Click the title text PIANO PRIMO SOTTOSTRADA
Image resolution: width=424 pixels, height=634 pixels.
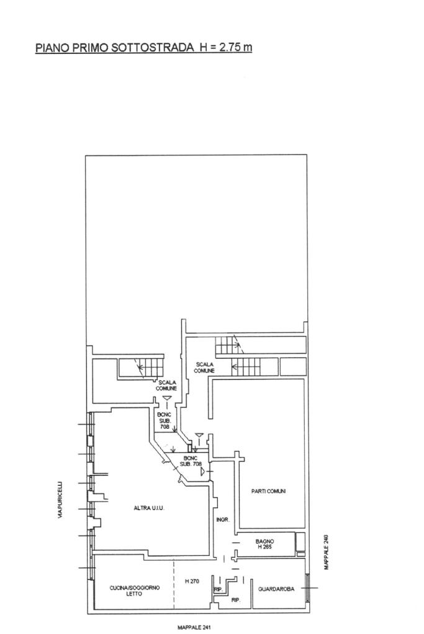tap(115, 48)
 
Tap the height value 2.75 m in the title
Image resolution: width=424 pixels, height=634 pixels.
tap(236, 47)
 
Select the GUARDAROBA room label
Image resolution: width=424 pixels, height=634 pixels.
tap(276, 589)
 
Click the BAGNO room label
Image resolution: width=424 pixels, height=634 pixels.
tap(265, 541)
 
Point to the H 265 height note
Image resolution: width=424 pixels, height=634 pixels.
tap(265, 547)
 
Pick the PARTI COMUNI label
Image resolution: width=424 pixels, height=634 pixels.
tap(269, 491)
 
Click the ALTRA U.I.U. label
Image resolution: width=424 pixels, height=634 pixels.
tap(149, 508)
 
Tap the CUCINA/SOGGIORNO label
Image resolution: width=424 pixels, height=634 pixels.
tap(135, 588)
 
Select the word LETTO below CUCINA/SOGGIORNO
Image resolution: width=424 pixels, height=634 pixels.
tap(134, 594)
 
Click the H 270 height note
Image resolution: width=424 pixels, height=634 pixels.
tap(192, 581)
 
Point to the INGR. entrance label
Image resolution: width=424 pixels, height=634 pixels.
tap(223, 520)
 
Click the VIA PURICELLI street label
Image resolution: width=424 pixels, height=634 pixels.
tap(60, 500)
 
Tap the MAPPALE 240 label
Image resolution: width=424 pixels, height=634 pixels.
tap(327, 552)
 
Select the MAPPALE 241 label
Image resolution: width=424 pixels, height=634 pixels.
tap(194, 628)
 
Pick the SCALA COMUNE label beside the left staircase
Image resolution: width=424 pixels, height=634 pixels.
tap(166, 385)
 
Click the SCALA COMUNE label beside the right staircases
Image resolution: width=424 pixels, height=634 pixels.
tap(204, 368)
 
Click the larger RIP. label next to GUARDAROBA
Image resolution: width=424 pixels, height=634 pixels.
tap(236, 601)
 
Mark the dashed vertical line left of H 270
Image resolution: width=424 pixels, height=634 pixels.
tap(174, 584)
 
